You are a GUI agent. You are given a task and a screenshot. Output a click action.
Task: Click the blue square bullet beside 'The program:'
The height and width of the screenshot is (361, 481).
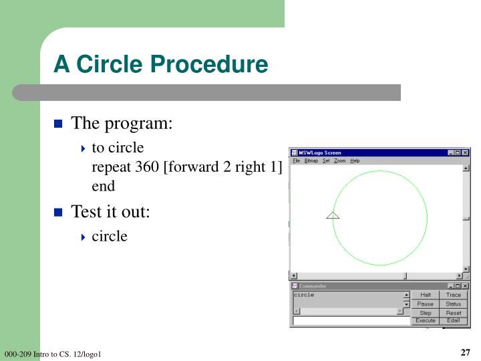point(58,124)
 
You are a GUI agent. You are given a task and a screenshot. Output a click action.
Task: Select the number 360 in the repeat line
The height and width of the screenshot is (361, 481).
point(147,166)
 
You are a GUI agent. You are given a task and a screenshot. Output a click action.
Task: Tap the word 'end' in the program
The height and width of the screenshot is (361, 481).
point(103,186)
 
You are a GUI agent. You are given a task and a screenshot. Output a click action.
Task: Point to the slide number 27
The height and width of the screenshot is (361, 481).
point(466,353)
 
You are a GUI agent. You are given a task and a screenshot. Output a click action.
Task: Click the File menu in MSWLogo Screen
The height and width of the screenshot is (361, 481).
point(296,160)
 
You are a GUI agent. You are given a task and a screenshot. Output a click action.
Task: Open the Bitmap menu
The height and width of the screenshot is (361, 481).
point(311,160)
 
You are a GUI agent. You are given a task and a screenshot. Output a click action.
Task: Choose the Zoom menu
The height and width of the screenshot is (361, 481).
point(340,160)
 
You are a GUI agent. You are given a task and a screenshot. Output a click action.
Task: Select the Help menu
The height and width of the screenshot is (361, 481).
point(355,160)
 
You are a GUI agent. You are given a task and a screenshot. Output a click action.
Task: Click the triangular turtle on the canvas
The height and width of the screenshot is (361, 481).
point(333,215)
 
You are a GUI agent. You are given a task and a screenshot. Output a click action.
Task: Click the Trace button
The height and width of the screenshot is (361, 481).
point(454,295)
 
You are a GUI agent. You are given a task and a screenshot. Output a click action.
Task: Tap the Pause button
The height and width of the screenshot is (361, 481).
point(426,304)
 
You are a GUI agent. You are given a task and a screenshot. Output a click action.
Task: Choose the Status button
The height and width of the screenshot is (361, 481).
point(454,304)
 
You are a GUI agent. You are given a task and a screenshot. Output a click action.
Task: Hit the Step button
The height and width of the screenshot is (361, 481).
point(426,312)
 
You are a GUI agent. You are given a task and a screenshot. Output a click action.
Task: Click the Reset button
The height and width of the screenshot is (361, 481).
point(454,312)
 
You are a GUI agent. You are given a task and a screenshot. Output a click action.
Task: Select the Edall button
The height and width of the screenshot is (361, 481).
point(454,321)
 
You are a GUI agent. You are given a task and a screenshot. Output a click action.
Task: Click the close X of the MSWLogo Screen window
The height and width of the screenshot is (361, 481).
point(466,152)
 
